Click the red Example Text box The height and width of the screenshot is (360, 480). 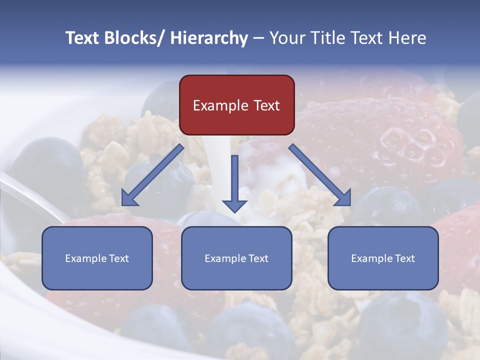pyautogui.click(x=236, y=105)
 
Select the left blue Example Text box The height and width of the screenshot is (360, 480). pyautogui.click(x=97, y=258)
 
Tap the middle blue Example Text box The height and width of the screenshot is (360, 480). pyautogui.click(x=236, y=258)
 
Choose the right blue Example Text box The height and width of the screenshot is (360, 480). pyautogui.click(x=383, y=258)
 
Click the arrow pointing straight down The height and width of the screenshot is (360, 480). pyautogui.click(x=234, y=183)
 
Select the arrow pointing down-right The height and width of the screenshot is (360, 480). pyautogui.click(x=320, y=174)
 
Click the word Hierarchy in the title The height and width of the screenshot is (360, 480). pyautogui.click(x=208, y=38)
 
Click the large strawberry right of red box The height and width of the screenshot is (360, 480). pyautogui.click(x=385, y=135)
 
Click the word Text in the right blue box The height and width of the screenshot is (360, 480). pyautogui.click(x=404, y=258)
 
